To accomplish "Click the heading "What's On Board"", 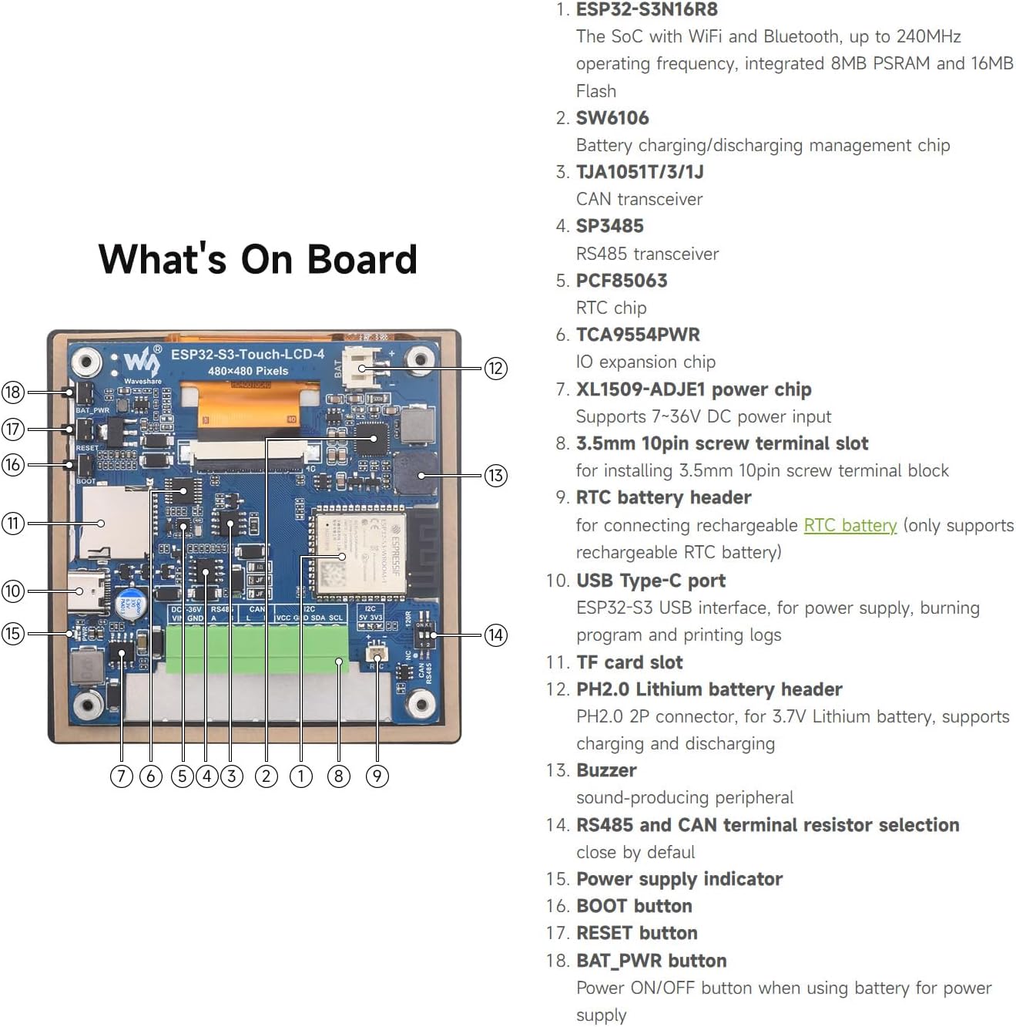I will click(258, 259).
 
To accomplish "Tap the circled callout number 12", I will click(495, 369).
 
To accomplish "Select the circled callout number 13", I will click(495, 475).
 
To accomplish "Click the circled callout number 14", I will click(495, 635).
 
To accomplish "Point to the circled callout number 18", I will click(13, 392).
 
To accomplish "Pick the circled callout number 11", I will click(13, 524).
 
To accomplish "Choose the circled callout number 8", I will click(339, 776).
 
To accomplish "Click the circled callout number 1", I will click(301, 776).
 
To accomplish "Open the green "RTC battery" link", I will click(850, 525).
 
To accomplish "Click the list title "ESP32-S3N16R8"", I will click(646, 10).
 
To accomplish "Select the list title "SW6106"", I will click(612, 118).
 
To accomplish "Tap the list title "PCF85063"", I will click(622, 281).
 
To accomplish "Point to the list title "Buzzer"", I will click(606, 770).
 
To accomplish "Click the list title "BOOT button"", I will click(634, 906).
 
